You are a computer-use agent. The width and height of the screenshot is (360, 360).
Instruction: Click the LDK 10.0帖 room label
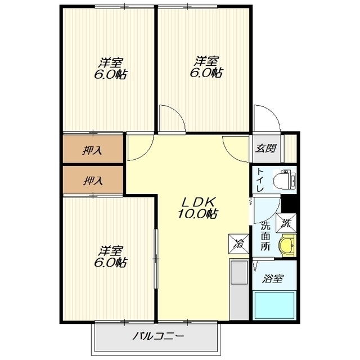click(x=197, y=208)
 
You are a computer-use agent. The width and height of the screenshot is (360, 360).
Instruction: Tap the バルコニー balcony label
click(x=159, y=337)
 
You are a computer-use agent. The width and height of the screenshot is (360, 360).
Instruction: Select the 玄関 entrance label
click(x=266, y=148)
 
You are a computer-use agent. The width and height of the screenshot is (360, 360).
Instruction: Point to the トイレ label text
click(x=260, y=180)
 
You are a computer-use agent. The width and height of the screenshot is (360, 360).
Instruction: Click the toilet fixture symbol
click(x=285, y=179)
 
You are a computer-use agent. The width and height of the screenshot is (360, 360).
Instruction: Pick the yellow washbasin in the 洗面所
click(x=287, y=245)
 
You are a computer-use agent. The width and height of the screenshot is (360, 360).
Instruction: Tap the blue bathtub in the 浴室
click(x=274, y=305)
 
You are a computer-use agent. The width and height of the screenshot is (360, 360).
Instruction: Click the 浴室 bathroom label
click(x=272, y=279)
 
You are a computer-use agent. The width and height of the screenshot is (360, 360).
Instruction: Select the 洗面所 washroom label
click(x=265, y=236)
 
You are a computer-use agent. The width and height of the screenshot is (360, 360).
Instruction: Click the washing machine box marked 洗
click(x=286, y=223)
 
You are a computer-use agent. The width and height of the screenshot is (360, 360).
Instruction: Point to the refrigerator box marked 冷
click(x=238, y=244)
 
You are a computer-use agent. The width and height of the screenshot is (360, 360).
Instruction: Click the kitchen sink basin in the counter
click(x=238, y=272)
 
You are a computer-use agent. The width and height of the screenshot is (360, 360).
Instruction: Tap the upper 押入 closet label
click(x=92, y=151)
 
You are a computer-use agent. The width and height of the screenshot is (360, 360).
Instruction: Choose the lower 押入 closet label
click(x=92, y=181)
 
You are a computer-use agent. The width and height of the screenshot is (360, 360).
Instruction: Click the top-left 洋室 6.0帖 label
click(x=111, y=68)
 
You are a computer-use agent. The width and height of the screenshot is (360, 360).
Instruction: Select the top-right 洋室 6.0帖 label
click(x=206, y=66)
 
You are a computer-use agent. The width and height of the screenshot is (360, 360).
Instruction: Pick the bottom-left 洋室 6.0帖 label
click(x=110, y=256)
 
